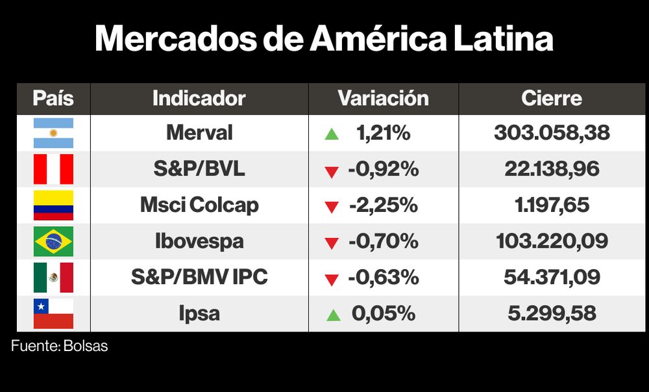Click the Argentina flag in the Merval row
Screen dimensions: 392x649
click(x=53, y=133)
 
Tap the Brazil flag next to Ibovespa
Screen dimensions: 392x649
click(x=53, y=242)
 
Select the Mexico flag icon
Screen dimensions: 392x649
click(x=53, y=278)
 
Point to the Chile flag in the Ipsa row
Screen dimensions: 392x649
click(x=53, y=314)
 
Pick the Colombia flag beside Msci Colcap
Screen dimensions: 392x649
click(x=53, y=205)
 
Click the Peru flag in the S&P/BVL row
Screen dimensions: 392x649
click(x=53, y=170)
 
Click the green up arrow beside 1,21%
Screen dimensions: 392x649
click(x=332, y=135)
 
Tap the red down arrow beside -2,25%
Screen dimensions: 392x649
click(x=332, y=207)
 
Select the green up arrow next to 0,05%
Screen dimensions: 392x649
click(x=333, y=315)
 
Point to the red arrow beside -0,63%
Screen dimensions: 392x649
click(x=332, y=280)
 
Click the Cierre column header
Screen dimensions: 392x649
click(x=552, y=98)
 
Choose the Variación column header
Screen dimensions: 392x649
click(x=383, y=98)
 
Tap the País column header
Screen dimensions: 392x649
click(x=53, y=98)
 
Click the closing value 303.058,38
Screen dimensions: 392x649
click(x=552, y=133)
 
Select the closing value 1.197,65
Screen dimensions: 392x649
click(x=552, y=205)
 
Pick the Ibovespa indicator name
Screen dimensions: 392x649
click(x=199, y=242)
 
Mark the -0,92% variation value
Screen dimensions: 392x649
click(x=383, y=170)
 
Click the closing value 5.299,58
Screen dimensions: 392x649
click(x=552, y=314)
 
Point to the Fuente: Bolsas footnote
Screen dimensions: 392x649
click(x=59, y=346)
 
